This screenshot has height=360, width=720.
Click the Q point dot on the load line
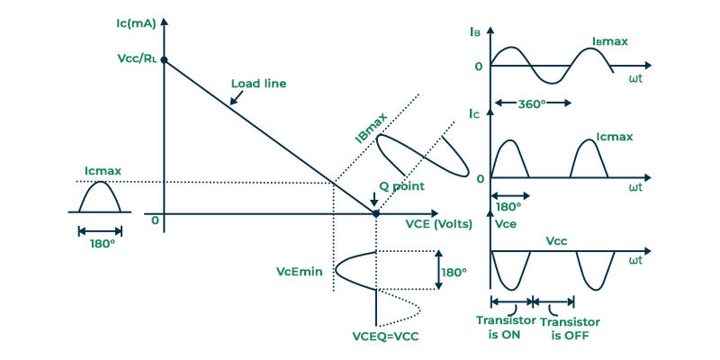[375, 213]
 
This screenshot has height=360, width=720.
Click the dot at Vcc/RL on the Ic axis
[164, 59]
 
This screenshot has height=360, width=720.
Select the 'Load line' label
[258, 84]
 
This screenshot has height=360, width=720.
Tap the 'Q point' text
[401, 186]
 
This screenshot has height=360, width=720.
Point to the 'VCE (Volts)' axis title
[438, 224]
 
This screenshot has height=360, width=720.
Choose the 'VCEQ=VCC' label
[386, 336]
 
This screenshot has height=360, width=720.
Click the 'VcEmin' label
[300, 272]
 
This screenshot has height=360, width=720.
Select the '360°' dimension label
[532, 103]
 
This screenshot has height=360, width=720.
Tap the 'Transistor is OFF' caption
[570, 328]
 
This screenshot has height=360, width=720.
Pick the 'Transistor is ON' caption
[506, 327]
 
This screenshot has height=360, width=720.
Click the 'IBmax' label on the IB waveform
[610, 41]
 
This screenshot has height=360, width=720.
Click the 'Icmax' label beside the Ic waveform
[615, 137]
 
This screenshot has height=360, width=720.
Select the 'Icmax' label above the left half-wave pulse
[103, 171]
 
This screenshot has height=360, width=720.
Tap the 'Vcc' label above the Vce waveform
[556, 240]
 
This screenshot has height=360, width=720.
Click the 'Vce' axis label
[506, 224]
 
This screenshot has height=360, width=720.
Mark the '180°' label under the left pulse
[102, 243]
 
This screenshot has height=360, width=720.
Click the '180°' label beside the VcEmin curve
[454, 273]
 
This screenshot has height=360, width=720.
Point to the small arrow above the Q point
[374, 199]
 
